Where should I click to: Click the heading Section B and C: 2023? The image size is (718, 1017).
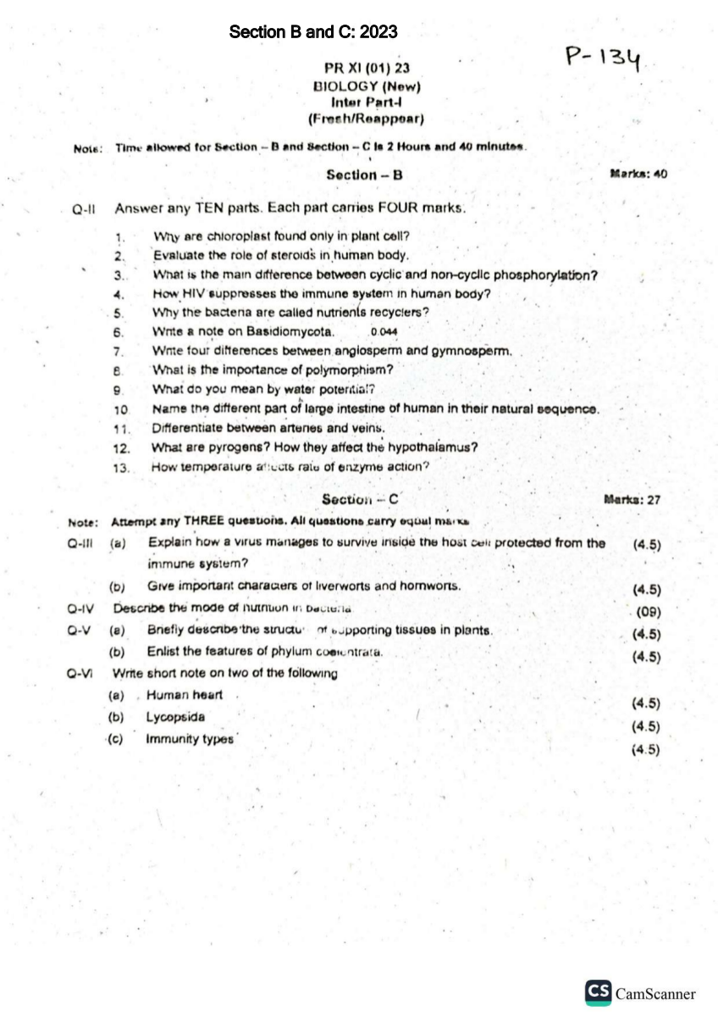[313, 32]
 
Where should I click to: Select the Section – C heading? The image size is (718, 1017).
[360, 499]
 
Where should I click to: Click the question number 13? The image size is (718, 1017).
[120, 467]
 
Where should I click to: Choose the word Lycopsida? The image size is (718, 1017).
[175, 717]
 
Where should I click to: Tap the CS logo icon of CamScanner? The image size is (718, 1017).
[599, 992]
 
